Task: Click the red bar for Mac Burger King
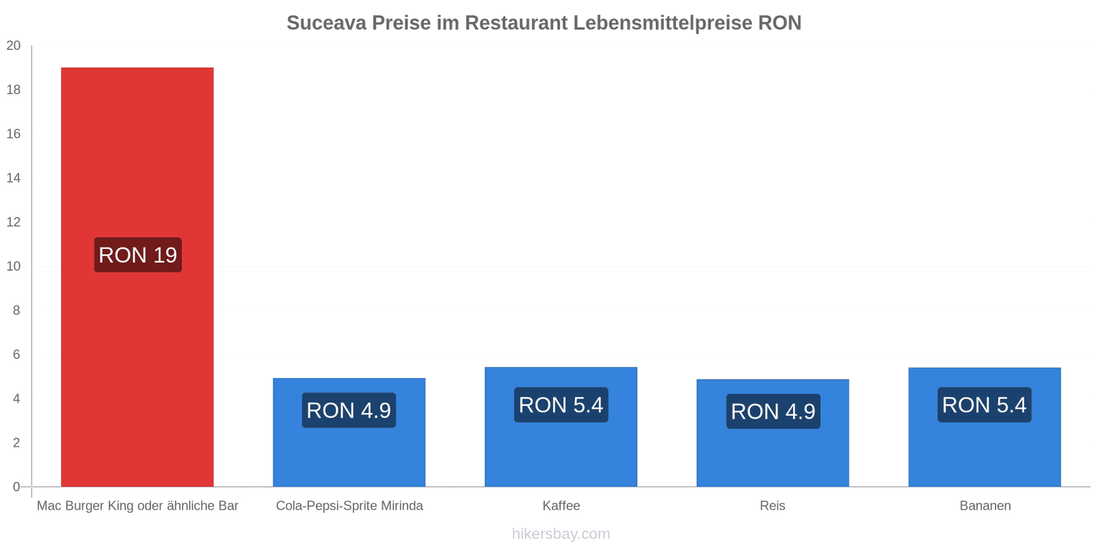tap(137, 277)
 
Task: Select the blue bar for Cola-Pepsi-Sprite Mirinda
tap(349, 432)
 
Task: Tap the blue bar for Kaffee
tap(561, 427)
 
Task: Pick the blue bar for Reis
tap(773, 433)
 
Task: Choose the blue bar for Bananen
tap(985, 427)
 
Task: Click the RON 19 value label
tap(137, 255)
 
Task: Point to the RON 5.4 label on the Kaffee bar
tap(561, 405)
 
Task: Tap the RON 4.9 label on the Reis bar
tap(773, 411)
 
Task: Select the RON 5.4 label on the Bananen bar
tap(985, 405)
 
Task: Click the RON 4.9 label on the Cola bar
tap(349, 410)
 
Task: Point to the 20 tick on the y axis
tap(14, 45)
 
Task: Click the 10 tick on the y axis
tap(14, 266)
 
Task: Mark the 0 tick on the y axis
tap(16, 486)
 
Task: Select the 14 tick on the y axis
tap(14, 178)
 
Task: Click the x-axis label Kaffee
tap(561, 505)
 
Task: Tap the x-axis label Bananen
tap(985, 505)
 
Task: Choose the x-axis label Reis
tap(773, 505)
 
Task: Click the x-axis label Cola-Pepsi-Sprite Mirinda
tap(349, 505)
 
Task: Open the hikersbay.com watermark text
tap(561, 533)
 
